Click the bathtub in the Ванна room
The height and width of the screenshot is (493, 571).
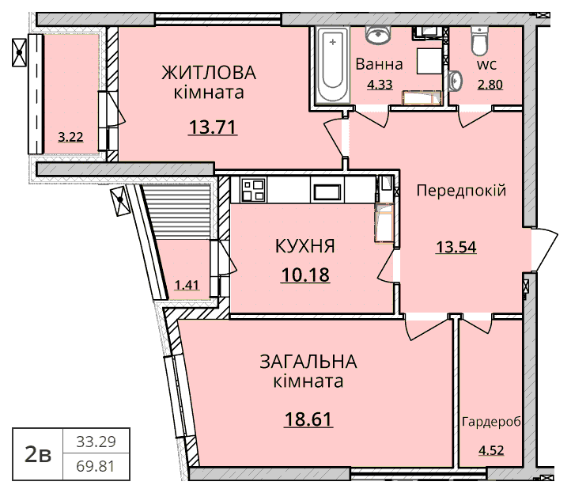(x=332, y=66)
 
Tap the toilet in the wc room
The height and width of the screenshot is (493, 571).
(x=479, y=40)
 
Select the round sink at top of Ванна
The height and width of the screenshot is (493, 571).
(x=378, y=35)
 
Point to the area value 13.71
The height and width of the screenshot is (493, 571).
(x=213, y=127)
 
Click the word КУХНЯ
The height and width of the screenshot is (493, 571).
(x=305, y=246)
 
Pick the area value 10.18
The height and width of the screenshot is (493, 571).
(x=305, y=275)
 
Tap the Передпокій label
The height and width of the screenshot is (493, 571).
(x=461, y=190)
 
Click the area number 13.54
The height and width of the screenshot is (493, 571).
(x=456, y=248)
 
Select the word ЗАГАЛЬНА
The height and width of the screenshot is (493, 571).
(x=308, y=362)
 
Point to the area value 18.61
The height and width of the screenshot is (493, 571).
(x=308, y=419)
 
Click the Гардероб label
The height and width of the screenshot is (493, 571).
(x=491, y=422)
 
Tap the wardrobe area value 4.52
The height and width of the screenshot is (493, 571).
(x=492, y=450)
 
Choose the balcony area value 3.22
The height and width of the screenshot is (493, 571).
(x=70, y=137)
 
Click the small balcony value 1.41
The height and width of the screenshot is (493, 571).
(x=187, y=285)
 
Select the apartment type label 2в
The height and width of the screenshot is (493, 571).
(x=37, y=454)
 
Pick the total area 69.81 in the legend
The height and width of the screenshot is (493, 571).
(x=96, y=466)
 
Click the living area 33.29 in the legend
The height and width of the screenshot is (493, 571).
(x=96, y=442)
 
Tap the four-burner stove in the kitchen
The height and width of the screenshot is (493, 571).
(x=253, y=189)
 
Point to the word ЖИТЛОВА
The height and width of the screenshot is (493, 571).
(x=209, y=73)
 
